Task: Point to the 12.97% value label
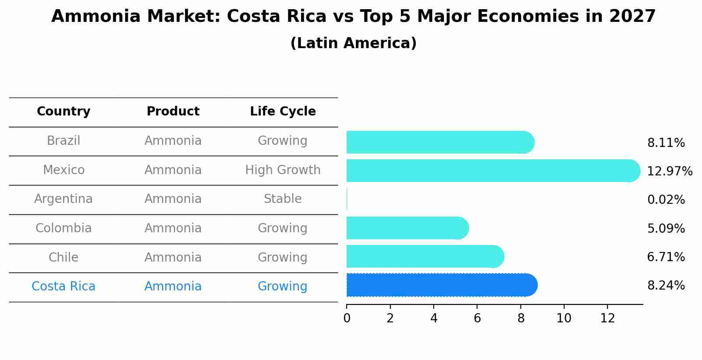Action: point(669,171)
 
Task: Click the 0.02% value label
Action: point(666,200)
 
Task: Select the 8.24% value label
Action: point(666,286)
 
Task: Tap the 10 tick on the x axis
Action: point(564,318)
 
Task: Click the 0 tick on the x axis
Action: point(347,318)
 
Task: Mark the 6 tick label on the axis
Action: point(477,318)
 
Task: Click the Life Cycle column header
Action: point(283,112)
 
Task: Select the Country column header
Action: point(63,112)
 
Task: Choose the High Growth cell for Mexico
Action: point(283,170)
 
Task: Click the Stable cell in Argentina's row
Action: point(283,199)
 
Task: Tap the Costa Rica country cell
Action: point(63,287)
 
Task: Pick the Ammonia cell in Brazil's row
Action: point(173,141)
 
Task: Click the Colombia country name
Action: point(63,228)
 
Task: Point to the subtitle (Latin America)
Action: point(353,43)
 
